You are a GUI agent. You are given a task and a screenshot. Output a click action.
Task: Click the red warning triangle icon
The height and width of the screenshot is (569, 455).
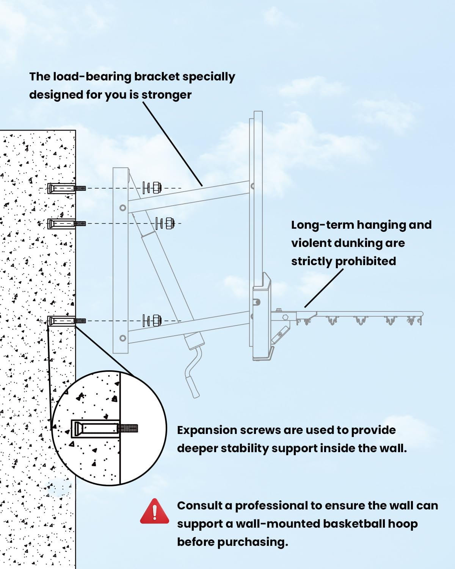154,512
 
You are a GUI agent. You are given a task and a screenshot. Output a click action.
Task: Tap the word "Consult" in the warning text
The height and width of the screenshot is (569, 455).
200,506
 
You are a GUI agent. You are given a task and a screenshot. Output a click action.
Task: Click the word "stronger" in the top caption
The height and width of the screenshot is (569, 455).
166,95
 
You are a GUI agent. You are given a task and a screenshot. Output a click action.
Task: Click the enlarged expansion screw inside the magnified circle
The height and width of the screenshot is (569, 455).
104,429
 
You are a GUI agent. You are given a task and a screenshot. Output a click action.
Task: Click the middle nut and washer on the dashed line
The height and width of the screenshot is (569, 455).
165,223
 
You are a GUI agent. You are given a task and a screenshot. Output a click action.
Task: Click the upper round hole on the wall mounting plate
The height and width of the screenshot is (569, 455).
122,208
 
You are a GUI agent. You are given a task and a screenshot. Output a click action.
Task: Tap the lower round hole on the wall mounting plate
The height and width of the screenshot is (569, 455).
122,338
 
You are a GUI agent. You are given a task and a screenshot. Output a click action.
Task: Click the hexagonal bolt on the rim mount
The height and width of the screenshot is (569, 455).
286,317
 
